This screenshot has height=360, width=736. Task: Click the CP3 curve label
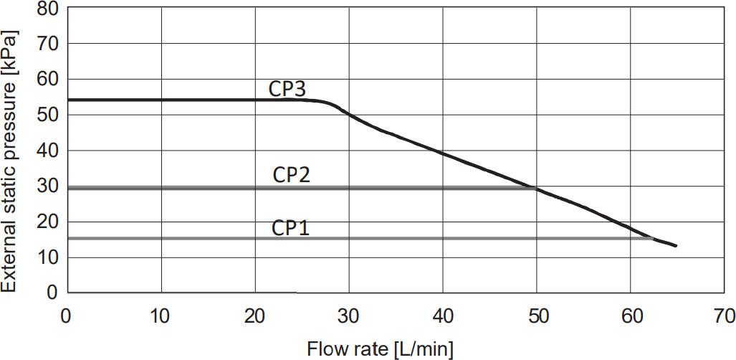coord(287,89)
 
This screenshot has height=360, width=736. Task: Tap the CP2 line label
coord(292,176)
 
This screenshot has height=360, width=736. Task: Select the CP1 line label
coord(290,229)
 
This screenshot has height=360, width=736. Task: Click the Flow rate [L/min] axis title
coord(380,349)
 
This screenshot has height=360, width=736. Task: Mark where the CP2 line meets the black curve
coord(536,189)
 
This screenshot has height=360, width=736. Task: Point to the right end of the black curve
coord(675,246)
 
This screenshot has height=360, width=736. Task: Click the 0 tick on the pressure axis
coord(52,292)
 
